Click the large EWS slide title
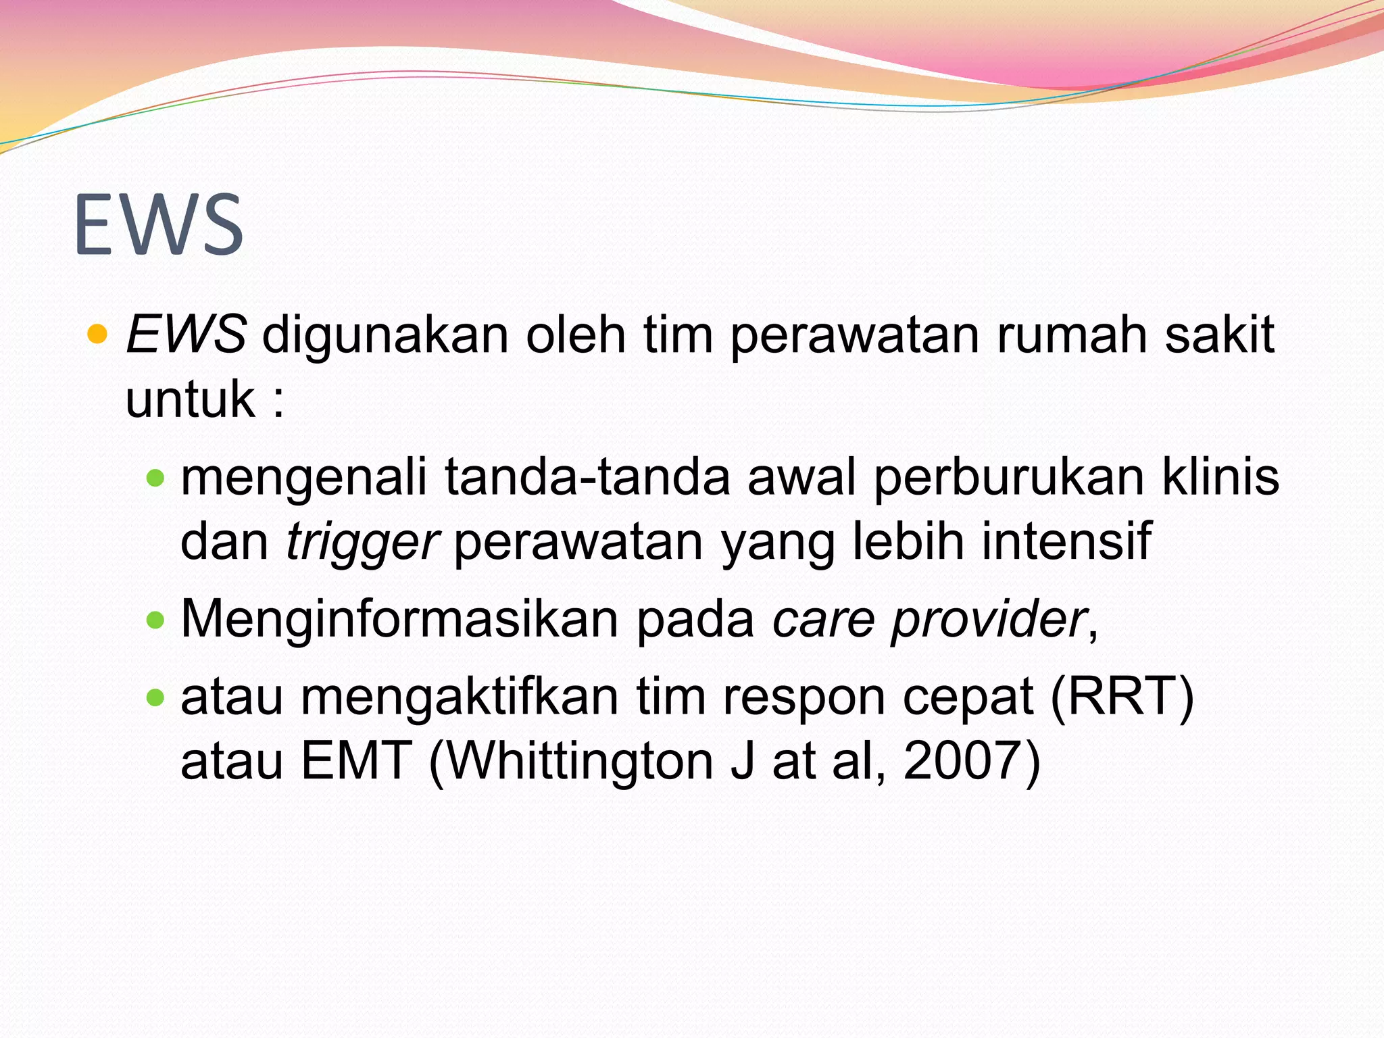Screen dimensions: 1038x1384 [x=159, y=225]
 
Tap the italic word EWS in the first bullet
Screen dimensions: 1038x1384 [x=186, y=335]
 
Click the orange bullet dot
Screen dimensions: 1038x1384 [x=98, y=334]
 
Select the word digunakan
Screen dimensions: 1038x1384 [x=385, y=335]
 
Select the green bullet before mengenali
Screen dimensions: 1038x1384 [x=155, y=478]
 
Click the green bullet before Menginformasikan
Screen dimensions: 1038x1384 [x=155, y=620]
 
